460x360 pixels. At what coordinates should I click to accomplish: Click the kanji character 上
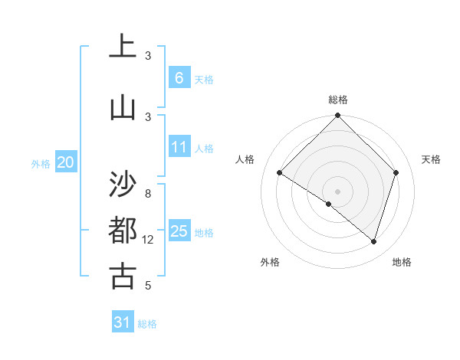(123, 46)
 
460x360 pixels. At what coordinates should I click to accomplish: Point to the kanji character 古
(123, 275)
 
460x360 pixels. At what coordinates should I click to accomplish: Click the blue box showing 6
(179, 77)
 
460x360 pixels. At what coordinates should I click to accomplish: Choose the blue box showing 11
(179, 147)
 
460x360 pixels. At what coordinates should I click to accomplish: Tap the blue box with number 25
(179, 231)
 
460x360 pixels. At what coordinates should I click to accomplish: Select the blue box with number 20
(66, 162)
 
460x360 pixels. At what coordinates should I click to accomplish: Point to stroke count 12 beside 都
(148, 240)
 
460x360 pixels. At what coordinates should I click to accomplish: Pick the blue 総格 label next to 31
(147, 324)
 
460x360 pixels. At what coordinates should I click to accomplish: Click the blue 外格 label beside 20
(41, 163)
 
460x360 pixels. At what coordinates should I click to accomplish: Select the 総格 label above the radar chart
(338, 100)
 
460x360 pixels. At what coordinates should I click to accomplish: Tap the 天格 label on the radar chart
(431, 159)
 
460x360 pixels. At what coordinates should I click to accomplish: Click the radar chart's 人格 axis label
(245, 159)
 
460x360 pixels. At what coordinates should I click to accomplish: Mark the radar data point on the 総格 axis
(338, 116)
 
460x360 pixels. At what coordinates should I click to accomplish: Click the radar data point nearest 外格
(329, 204)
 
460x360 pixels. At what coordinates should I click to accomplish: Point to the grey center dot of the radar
(338, 191)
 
